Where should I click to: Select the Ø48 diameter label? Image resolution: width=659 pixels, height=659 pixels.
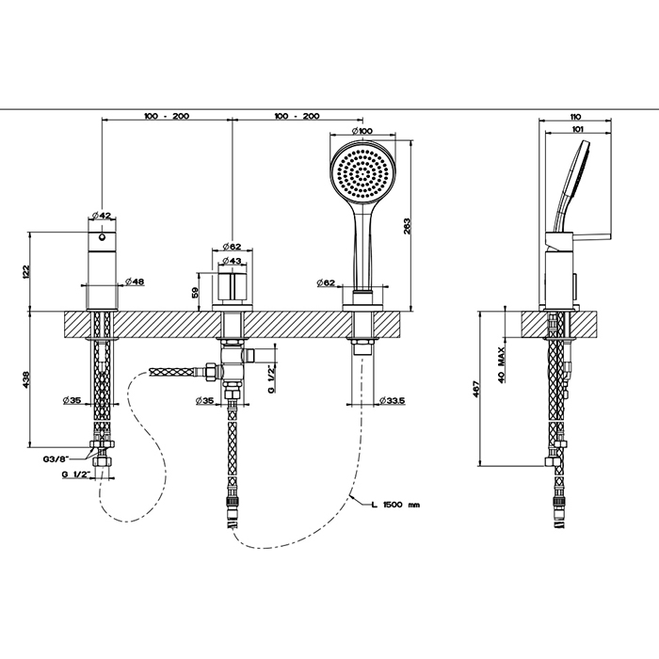pyautogui.click(x=133, y=281)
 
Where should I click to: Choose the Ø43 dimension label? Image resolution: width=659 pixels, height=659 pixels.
pyautogui.click(x=232, y=261)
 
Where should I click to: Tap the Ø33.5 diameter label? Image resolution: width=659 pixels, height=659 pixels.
pyautogui.click(x=394, y=401)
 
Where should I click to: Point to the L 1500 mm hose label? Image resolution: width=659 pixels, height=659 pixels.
pyautogui.click(x=394, y=505)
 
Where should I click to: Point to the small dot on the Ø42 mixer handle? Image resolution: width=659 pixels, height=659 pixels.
pyautogui.click(x=103, y=226)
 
